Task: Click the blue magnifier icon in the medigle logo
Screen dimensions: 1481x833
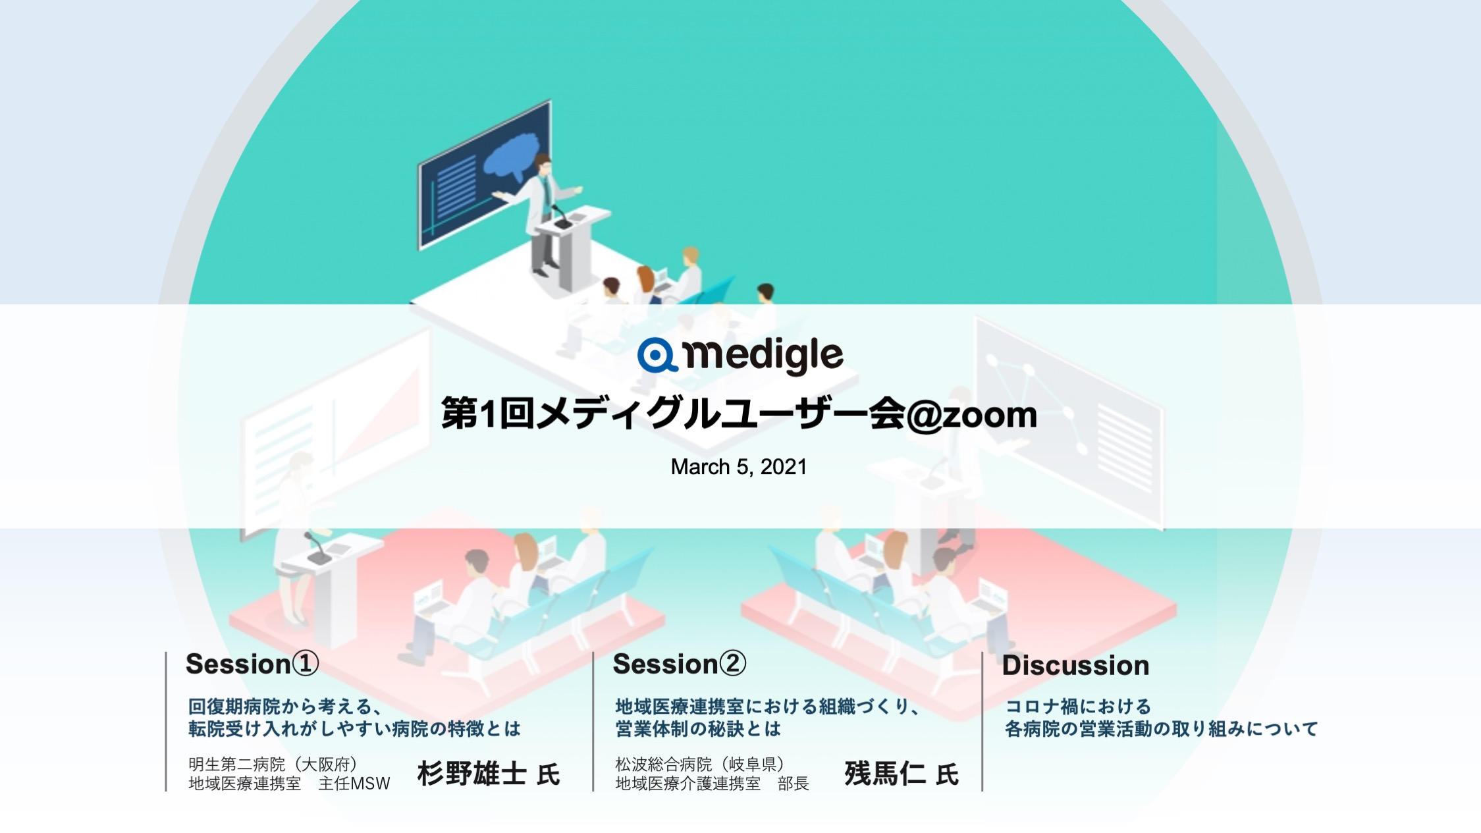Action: point(657,356)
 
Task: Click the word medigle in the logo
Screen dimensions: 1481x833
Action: point(763,356)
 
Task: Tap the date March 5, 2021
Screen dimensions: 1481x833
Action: point(739,467)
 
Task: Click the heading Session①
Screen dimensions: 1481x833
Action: point(252,664)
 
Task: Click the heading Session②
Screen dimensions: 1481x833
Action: point(679,664)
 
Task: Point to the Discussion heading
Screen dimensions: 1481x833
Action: point(1075,666)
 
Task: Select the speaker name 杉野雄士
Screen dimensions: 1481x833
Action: point(471,774)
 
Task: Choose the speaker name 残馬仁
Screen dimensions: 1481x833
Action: point(885,774)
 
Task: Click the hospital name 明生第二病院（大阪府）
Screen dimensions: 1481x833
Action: point(273,764)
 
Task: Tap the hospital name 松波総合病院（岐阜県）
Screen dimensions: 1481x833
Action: point(699,764)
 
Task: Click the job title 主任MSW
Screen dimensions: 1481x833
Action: point(354,784)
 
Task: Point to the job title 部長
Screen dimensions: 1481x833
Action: point(794,784)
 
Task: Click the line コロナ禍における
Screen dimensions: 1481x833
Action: point(1078,707)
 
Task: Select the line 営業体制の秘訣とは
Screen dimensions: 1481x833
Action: point(698,729)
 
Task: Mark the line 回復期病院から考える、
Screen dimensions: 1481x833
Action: point(284,707)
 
